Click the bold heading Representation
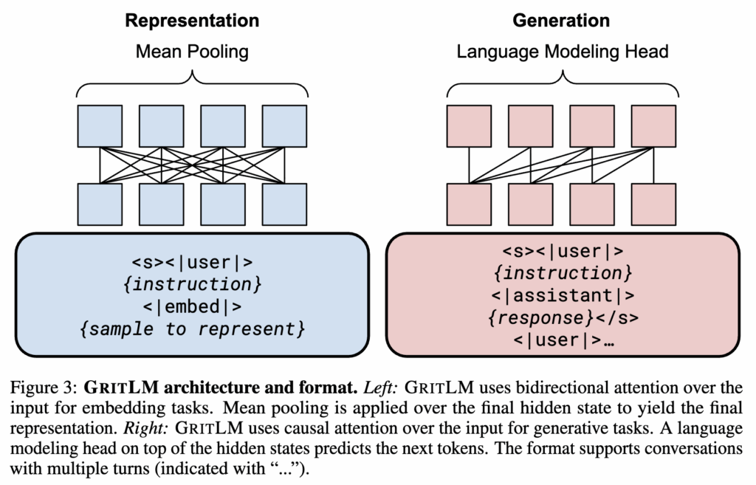(x=192, y=20)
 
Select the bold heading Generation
(x=563, y=20)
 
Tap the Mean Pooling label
(x=192, y=52)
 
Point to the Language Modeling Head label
(x=563, y=52)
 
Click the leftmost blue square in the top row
(x=100, y=125)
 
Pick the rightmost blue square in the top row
(x=284, y=125)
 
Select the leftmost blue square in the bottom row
(x=100, y=204)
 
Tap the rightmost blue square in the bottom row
(x=284, y=204)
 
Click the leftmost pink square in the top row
(x=470, y=125)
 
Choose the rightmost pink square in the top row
(x=654, y=125)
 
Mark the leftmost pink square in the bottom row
(x=470, y=204)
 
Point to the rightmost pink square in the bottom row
(x=654, y=204)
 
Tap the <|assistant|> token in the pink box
(x=563, y=296)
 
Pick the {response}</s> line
(x=563, y=319)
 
